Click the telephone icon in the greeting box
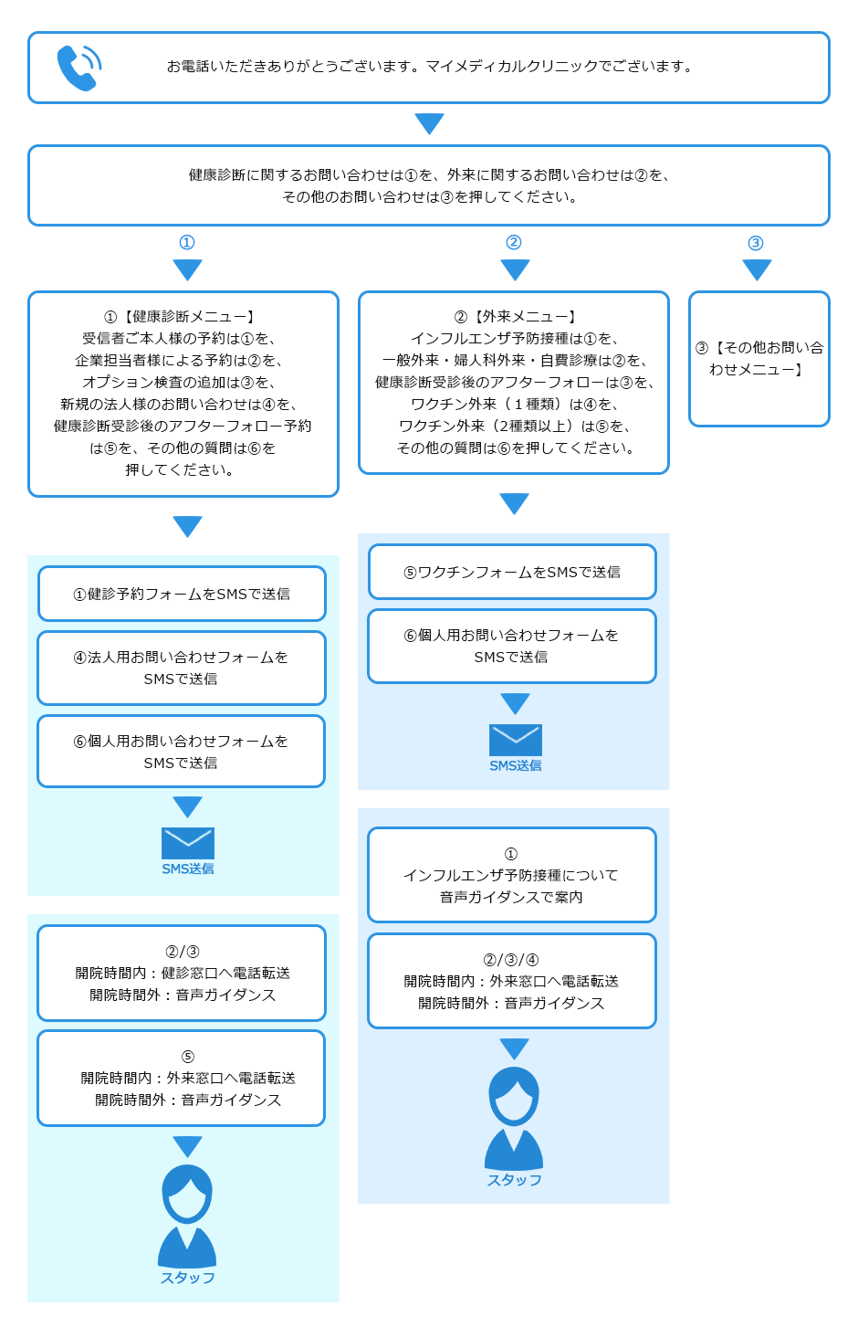pos(78,68)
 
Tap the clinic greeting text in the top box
pos(429,67)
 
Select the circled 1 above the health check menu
pos(187,243)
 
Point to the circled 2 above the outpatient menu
pos(514,243)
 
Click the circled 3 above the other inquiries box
pos(756,243)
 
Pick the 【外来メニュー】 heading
pos(515,317)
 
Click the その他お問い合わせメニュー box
pos(759,359)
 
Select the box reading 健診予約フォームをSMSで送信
pos(182,595)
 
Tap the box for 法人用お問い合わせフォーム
pos(182,669)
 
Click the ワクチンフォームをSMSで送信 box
pos(512,573)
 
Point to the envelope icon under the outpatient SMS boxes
pos(515,740)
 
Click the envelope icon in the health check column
pos(187,843)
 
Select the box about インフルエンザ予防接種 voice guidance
pos(512,876)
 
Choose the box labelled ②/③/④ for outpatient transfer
pos(512,982)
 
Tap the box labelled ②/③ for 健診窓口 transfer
pos(182,974)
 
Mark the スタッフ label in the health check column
pos(187,1278)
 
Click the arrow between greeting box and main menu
pos(429,123)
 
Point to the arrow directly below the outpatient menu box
pos(515,503)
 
